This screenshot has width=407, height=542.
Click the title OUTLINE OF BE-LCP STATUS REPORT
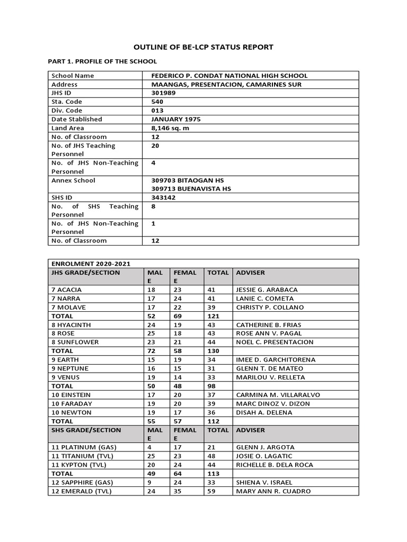click(x=203, y=47)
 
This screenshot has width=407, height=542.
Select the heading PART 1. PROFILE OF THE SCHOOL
click(x=102, y=61)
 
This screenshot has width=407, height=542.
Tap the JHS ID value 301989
click(x=163, y=93)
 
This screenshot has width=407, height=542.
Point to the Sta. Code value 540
click(x=157, y=102)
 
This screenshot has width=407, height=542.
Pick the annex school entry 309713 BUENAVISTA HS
click(x=191, y=188)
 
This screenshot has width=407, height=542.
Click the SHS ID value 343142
click(x=163, y=197)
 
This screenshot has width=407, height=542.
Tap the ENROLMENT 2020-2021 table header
click(x=91, y=264)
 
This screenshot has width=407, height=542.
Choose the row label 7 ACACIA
click(x=67, y=290)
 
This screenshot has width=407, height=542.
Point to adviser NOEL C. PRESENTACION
click(x=275, y=342)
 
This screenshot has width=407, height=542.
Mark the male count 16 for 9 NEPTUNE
click(x=152, y=368)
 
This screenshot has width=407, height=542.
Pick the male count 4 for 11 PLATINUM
click(x=149, y=447)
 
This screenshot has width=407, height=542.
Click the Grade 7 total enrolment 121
click(x=214, y=316)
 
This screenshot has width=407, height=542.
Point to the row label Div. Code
click(x=67, y=111)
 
